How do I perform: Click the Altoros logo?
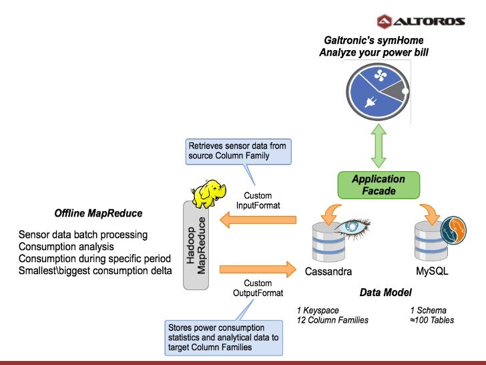420,21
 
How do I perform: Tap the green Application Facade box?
379,185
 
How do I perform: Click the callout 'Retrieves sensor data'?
238,151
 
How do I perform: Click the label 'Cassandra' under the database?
328,272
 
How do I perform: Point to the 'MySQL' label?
432,272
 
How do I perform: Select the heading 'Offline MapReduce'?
98,214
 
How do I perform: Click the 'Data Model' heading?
385,293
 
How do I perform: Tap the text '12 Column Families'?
332,320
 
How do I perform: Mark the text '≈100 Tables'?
432,320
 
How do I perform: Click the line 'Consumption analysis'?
67,247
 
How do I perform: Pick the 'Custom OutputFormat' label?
258,288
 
